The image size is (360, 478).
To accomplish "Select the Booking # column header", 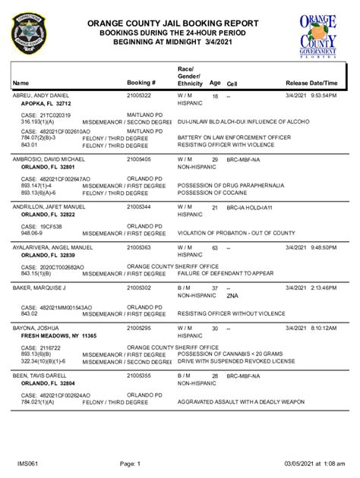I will [x=141, y=83].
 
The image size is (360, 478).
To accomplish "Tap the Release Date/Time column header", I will [x=311, y=83].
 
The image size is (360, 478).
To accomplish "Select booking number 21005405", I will [x=139, y=160].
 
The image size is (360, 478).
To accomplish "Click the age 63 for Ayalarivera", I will [x=215, y=248].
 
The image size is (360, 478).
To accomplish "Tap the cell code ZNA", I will [x=232, y=297].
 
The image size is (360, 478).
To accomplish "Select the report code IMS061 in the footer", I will [x=28, y=463].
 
